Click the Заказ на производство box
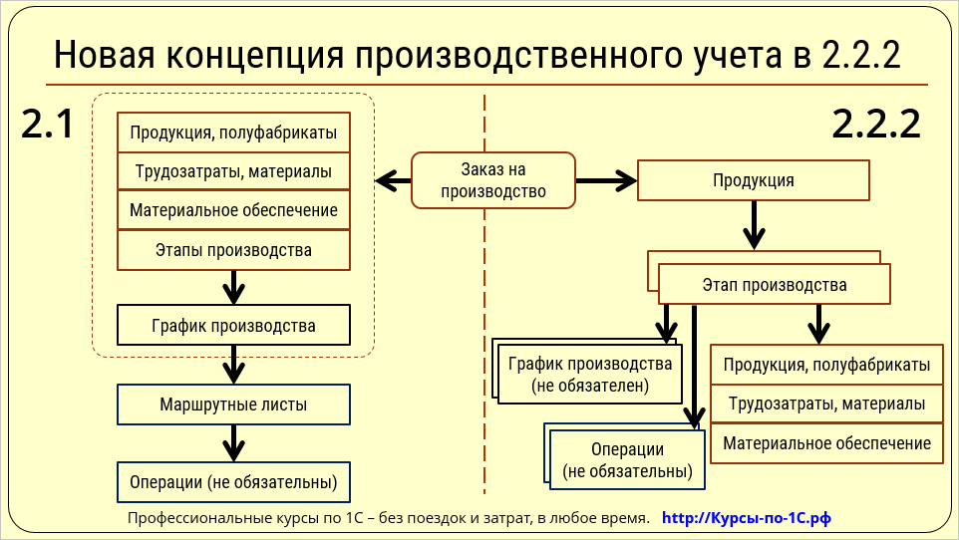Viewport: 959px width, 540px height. pyautogui.click(x=492, y=180)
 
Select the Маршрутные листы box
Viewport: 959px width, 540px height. pyautogui.click(x=233, y=405)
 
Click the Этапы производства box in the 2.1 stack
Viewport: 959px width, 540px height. pyautogui.click(x=233, y=250)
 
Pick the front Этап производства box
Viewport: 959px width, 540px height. pyautogui.click(x=774, y=285)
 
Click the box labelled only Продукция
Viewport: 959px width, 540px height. pyautogui.click(x=753, y=180)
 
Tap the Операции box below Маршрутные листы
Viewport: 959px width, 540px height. pyautogui.click(x=233, y=483)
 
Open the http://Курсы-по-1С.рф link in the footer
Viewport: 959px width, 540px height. pyautogui.click(x=746, y=518)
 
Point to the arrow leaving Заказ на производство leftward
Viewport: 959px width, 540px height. pyautogui.click(x=393, y=180)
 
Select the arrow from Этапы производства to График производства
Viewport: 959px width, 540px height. pyautogui.click(x=233, y=287)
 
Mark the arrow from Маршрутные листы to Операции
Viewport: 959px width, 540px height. pyautogui.click(x=233, y=442)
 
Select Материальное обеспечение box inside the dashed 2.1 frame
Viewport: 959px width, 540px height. pyautogui.click(x=233, y=210)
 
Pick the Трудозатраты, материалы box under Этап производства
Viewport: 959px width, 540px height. pyautogui.click(x=826, y=405)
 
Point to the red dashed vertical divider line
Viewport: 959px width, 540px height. pyautogui.click(x=484, y=299)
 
